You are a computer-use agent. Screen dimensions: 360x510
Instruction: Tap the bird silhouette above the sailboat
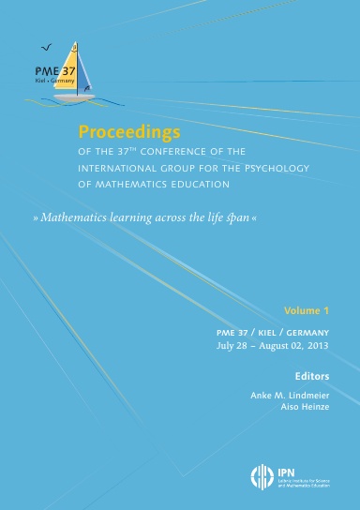tap(47, 44)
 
